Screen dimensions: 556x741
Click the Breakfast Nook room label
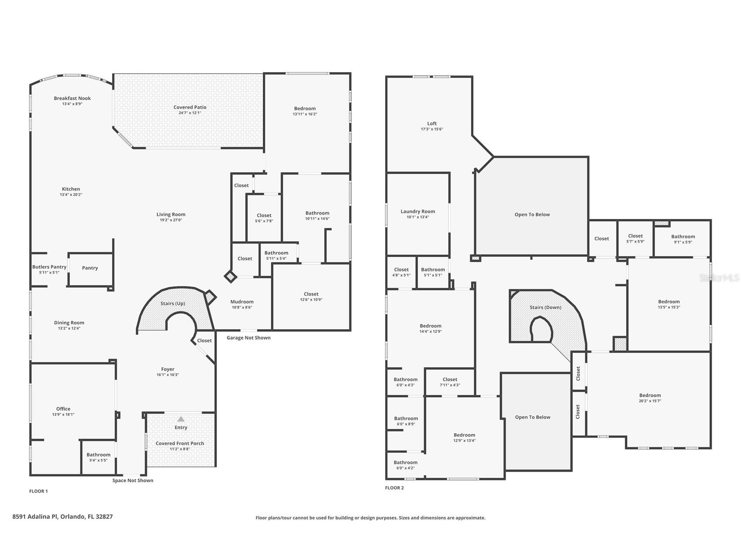(x=72, y=98)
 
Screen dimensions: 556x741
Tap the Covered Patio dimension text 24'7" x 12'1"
(x=190, y=113)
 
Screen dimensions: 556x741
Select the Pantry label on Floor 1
(x=90, y=268)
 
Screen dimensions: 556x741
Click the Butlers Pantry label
(x=49, y=267)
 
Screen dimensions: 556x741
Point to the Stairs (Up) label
(x=173, y=303)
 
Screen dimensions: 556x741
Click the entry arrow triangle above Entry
(x=181, y=419)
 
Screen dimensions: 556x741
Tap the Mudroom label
(x=242, y=302)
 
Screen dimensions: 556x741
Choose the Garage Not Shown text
(x=248, y=337)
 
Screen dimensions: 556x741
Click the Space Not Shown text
(x=133, y=480)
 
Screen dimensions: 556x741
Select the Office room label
(x=63, y=409)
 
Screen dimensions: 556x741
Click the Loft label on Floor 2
(x=432, y=123)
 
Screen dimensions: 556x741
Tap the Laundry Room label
(x=418, y=211)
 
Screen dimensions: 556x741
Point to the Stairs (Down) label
(x=545, y=307)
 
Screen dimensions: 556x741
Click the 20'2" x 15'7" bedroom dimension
(x=650, y=401)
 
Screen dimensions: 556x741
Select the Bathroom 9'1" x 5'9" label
(x=683, y=236)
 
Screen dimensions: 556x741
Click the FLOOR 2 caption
(x=394, y=488)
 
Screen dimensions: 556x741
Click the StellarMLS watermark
(x=719, y=278)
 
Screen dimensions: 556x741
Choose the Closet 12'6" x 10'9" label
(x=311, y=294)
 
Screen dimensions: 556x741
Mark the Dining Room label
(x=69, y=323)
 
